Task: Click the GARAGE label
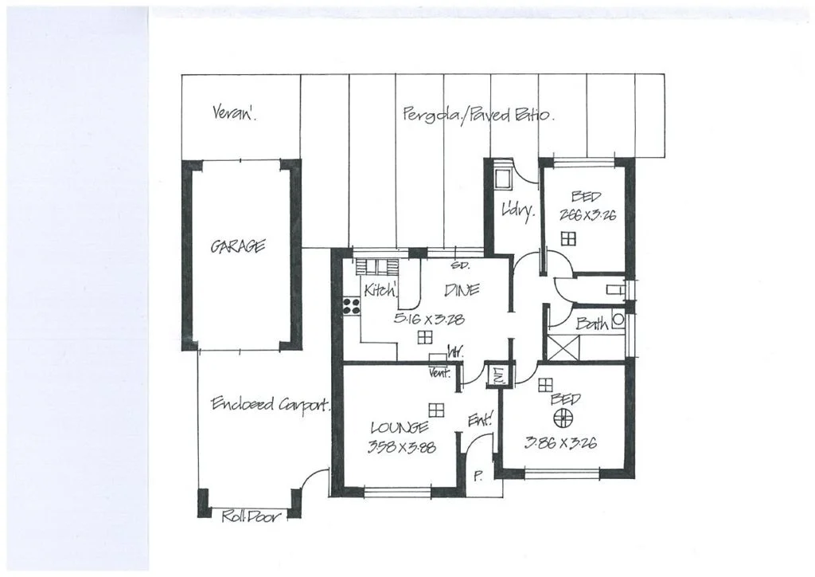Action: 238,247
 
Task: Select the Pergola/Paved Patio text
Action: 478,114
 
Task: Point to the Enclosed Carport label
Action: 271,405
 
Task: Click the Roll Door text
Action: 251,516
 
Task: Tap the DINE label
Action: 462,291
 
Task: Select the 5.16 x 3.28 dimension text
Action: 429,319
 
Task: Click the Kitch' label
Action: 380,291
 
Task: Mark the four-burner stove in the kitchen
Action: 350,304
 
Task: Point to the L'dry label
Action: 516,211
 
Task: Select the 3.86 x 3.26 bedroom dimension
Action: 561,443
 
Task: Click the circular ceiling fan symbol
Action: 563,418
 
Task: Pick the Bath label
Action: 592,324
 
